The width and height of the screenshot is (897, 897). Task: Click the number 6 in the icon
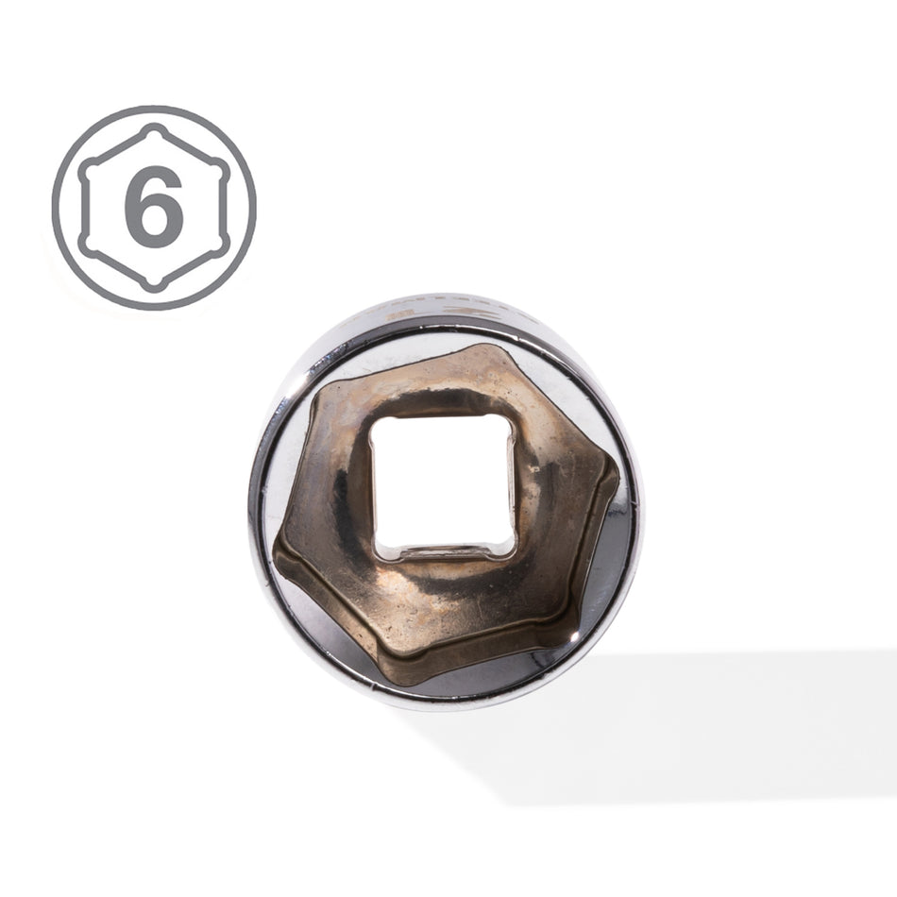click(154, 207)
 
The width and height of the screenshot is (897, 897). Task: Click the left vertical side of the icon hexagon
click(83, 208)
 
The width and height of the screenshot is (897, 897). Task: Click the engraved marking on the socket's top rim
click(444, 312)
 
